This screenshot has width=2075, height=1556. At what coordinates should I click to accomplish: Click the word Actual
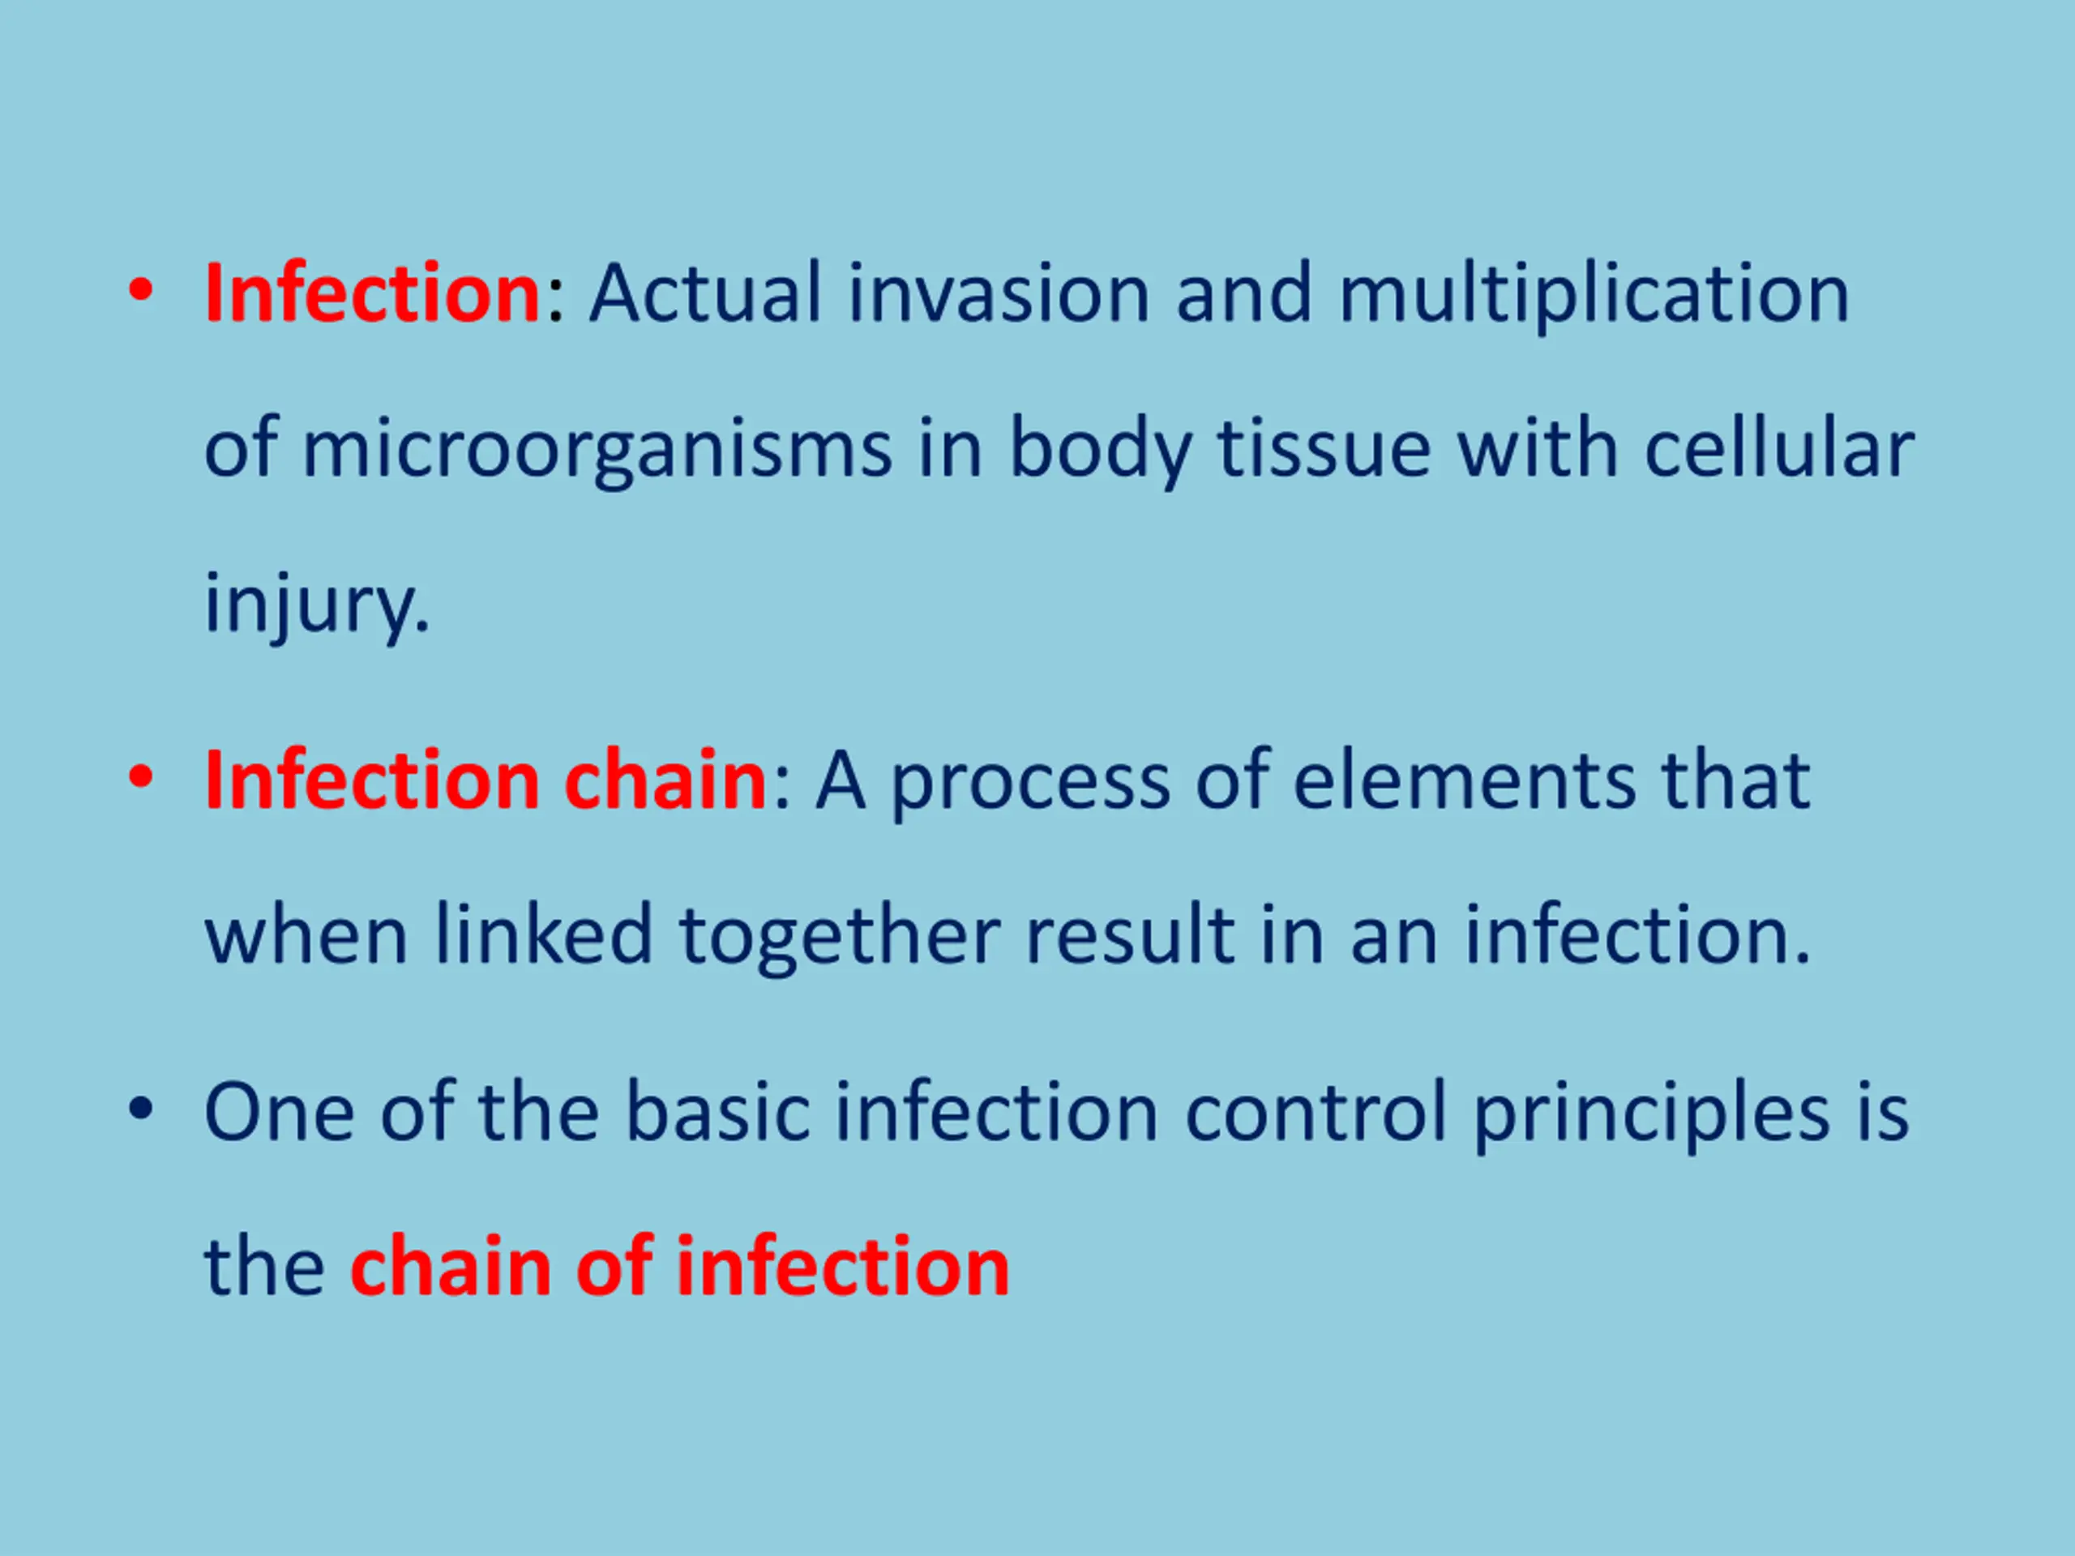click(x=705, y=293)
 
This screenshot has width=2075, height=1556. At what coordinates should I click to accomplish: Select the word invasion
click(x=999, y=293)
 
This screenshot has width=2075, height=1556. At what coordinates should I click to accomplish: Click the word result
click(x=1131, y=935)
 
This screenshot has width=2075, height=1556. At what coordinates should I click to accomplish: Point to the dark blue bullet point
click(x=141, y=1109)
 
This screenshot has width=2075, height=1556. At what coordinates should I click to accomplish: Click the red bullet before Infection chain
click(x=141, y=777)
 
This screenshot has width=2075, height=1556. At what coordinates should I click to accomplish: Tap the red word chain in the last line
click(x=451, y=1266)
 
